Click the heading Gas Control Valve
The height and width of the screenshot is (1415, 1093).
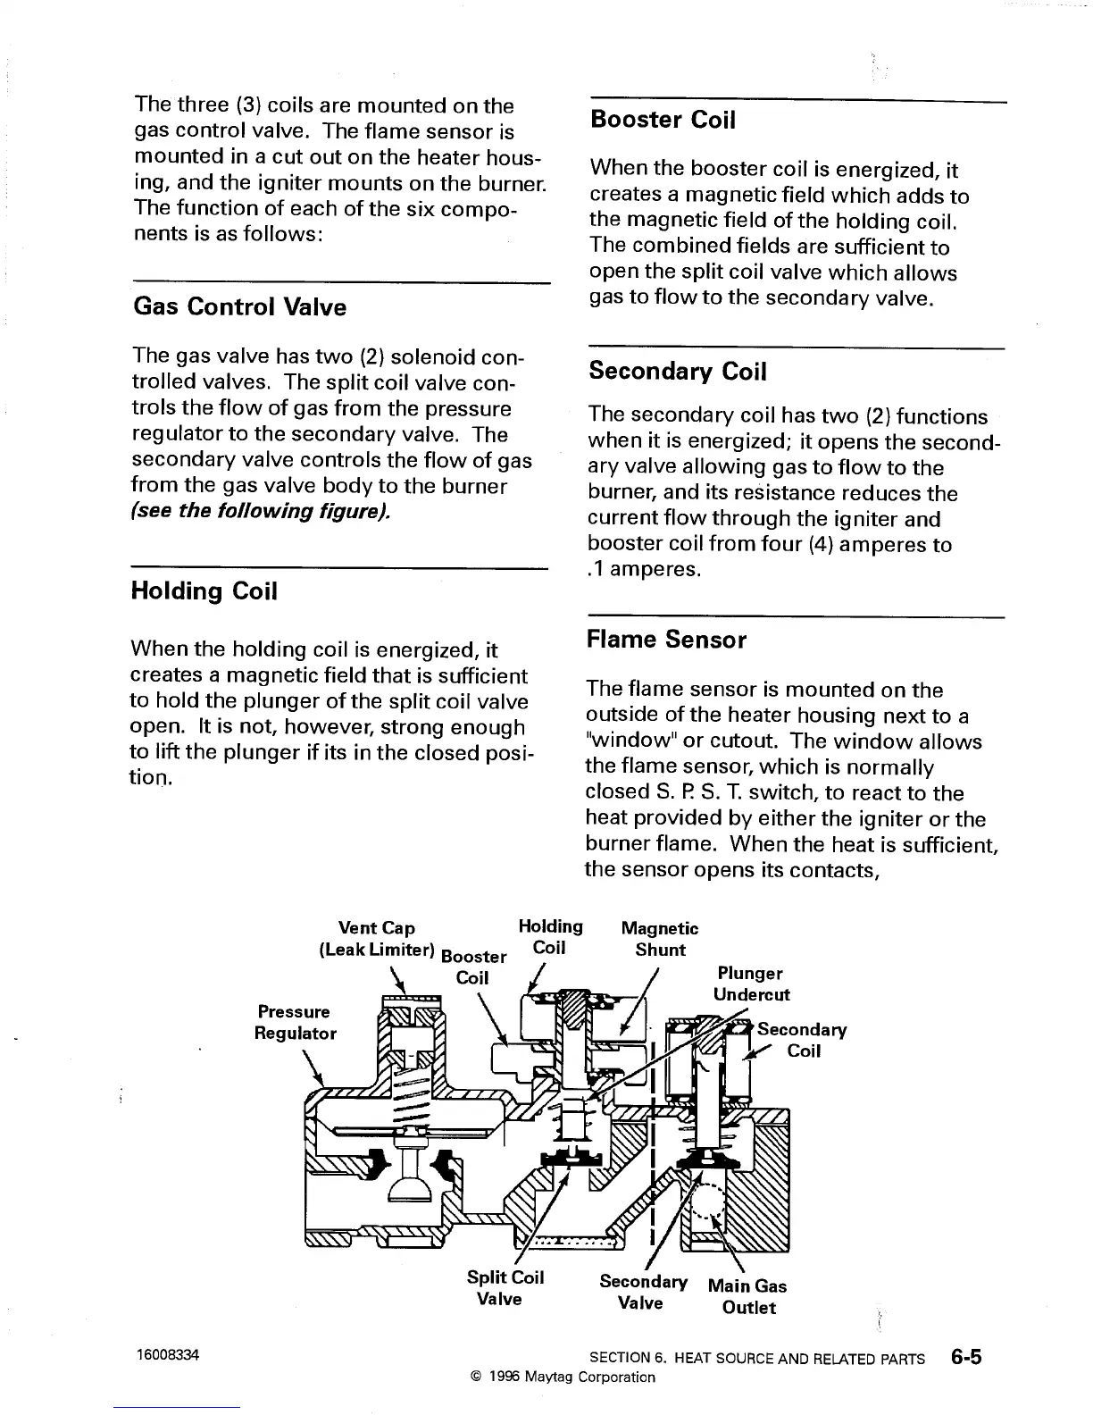pyautogui.click(x=239, y=307)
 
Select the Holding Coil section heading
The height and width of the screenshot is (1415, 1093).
pyautogui.click(x=204, y=591)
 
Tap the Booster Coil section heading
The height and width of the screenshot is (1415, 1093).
pyautogui.click(x=663, y=120)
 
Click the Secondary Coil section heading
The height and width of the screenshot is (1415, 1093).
pyautogui.click(x=677, y=372)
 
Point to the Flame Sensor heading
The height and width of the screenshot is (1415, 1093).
pyautogui.click(x=666, y=640)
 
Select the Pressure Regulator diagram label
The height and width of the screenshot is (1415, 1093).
pyautogui.click(x=296, y=1022)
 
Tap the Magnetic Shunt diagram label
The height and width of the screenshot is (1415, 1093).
pyautogui.click(x=660, y=939)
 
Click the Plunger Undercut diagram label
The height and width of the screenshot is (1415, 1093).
pyautogui.click(x=751, y=984)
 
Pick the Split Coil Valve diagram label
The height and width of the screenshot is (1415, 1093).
pyautogui.click(x=505, y=1287)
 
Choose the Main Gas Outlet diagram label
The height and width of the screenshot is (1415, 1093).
pyautogui.click(x=747, y=1297)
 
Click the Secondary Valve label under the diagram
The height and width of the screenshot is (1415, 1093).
pyautogui.click(x=643, y=1292)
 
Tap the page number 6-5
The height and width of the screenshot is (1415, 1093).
pyautogui.click(x=965, y=1358)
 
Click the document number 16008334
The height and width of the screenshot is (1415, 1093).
pyautogui.click(x=167, y=1355)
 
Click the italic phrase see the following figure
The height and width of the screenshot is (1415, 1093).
pyautogui.click(x=261, y=512)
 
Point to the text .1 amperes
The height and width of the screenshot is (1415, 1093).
pyautogui.click(x=644, y=570)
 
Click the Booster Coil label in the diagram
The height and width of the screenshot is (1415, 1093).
pyautogui.click(x=473, y=967)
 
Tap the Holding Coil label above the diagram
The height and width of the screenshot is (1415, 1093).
pyautogui.click(x=550, y=937)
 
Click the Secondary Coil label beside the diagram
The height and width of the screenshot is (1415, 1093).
pyautogui.click(x=802, y=1040)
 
